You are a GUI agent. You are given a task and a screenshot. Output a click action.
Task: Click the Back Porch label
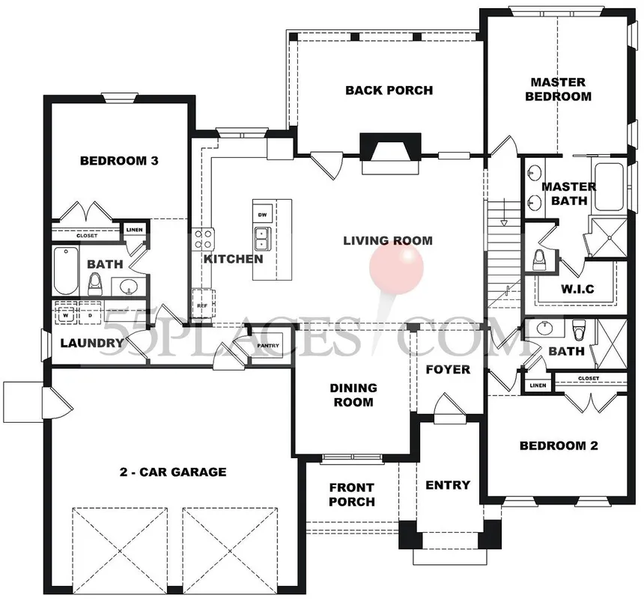click(389, 91)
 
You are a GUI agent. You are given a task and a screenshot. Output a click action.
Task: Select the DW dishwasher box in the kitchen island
click(262, 215)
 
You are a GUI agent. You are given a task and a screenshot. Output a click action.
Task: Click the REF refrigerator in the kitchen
click(203, 304)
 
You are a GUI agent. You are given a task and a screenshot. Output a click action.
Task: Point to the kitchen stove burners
click(204, 239)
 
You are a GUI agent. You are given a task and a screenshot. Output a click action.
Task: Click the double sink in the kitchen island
click(261, 239)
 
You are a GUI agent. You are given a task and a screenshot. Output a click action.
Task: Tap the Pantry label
click(268, 346)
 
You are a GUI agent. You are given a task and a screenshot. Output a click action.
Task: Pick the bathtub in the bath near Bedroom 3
click(66, 270)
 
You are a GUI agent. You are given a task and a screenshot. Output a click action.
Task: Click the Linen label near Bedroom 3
click(134, 230)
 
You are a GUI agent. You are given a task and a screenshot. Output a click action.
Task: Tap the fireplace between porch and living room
click(390, 153)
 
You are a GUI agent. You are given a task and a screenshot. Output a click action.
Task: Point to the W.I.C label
click(577, 289)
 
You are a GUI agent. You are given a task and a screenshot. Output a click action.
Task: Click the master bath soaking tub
click(609, 187)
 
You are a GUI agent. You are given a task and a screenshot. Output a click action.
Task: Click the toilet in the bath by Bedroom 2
click(579, 329)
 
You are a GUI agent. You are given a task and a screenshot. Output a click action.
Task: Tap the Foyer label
click(448, 370)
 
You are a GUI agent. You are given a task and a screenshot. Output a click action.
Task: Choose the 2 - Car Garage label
click(173, 472)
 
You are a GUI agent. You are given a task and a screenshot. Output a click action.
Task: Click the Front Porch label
click(352, 495)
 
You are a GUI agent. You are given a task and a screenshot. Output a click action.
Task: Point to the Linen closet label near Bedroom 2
click(538, 385)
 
